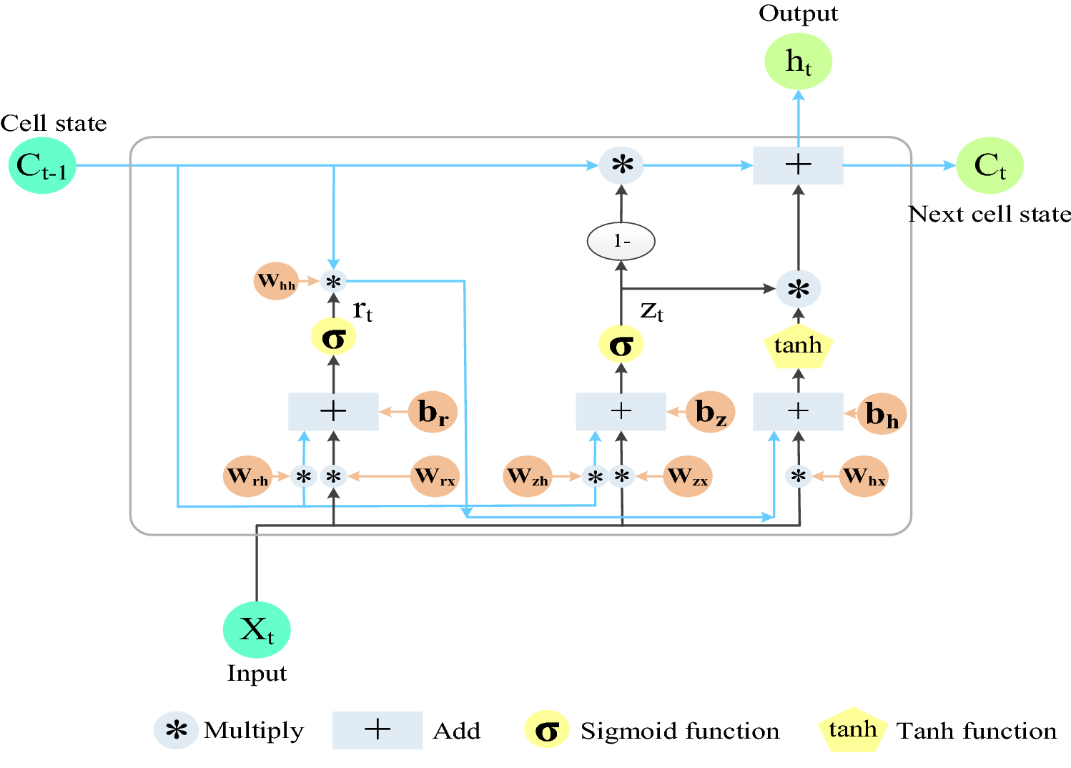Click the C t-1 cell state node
tap(41, 166)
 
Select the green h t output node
tap(798, 62)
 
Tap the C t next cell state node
tap(989, 166)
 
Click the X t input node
tap(257, 630)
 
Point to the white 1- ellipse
tap(621, 242)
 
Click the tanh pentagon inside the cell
tap(798, 347)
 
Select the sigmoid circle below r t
tap(333, 337)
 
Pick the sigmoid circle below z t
tap(621, 345)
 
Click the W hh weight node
tap(276, 281)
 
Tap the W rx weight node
tap(435, 476)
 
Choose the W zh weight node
tap(528, 476)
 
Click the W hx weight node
tap(864, 476)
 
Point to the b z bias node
tap(710, 412)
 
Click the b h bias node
tap(882, 413)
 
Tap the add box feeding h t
tap(798, 166)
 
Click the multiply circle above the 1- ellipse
tap(621, 166)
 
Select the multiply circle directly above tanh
tap(798, 289)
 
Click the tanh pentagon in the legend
tap(852, 730)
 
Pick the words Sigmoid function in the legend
tap(679, 731)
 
